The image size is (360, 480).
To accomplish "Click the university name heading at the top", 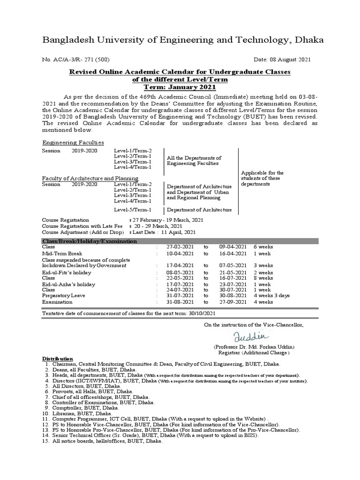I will [183, 40].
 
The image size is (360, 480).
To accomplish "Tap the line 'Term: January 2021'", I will [180, 87].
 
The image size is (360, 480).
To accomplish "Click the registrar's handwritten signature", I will [252, 336].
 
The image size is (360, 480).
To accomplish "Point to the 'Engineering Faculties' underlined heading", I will [73, 142].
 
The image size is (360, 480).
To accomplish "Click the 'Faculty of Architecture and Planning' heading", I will [90, 178].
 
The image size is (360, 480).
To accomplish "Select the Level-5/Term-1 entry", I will [133, 210].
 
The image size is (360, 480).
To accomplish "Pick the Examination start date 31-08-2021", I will [180, 302].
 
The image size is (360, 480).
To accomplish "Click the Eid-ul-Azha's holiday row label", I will [68, 284].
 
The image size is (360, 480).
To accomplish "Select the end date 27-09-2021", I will [232, 302].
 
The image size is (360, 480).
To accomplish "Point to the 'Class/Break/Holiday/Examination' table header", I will [90, 241].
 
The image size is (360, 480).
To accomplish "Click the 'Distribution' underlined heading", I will [58, 358].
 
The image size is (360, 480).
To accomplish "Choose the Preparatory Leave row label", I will [63, 296].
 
